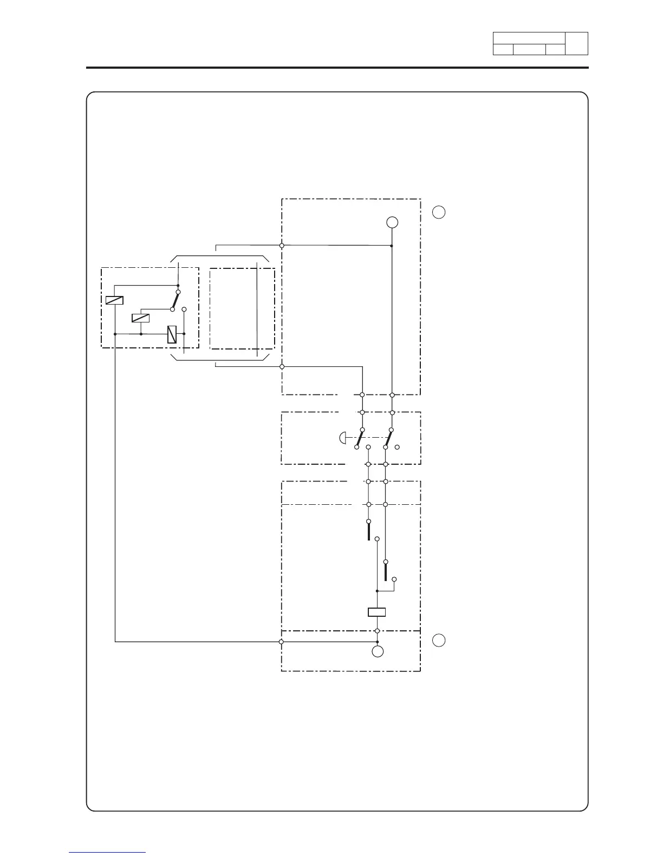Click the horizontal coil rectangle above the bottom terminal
click(x=376, y=612)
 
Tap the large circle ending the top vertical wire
click(x=392, y=222)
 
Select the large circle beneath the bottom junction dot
click(x=378, y=651)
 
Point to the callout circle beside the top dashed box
click(x=439, y=212)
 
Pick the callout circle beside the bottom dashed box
click(x=439, y=640)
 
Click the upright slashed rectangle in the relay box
click(x=172, y=334)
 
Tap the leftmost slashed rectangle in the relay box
click(x=114, y=300)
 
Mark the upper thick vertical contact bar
click(x=368, y=531)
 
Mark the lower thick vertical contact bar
click(x=386, y=571)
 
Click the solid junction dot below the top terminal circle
click(x=392, y=246)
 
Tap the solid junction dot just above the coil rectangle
click(x=376, y=591)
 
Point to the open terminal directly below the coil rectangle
click(x=376, y=631)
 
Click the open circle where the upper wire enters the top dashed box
click(x=282, y=246)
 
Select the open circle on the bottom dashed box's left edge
click(x=281, y=642)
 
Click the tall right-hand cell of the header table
click(x=576, y=43)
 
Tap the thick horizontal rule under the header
click(x=337, y=68)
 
